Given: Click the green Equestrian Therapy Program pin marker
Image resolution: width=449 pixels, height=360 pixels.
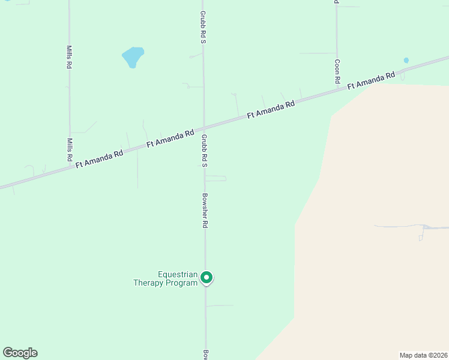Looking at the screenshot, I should click(x=206, y=277).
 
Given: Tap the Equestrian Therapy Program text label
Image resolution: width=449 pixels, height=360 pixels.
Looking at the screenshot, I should click(x=165, y=278).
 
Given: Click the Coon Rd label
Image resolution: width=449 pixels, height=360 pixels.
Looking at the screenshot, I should click(x=338, y=71).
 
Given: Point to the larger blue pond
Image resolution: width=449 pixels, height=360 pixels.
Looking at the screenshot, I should click(x=133, y=57).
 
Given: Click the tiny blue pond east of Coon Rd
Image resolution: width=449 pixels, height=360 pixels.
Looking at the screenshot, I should click(x=406, y=61).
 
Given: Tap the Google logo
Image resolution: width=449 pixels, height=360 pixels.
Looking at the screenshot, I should click(x=20, y=353).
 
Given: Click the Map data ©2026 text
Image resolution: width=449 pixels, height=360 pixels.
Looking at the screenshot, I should click(x=423, y=355).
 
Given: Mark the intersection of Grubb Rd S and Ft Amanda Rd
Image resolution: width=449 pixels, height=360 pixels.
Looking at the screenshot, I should click(x=203, y=128).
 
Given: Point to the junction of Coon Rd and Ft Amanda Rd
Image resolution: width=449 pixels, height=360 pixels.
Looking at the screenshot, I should click(x=337, y=91).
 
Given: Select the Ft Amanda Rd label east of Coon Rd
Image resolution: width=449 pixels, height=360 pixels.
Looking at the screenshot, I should click(x=371, y=81).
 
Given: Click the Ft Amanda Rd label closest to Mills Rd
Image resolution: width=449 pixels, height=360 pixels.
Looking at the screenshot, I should click(x=99, y=160).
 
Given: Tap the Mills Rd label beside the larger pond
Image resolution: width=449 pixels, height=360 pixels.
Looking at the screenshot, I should click(x=70, y=57).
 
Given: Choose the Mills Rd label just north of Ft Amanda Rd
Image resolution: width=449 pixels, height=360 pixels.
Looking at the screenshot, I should click(x=70, y=149).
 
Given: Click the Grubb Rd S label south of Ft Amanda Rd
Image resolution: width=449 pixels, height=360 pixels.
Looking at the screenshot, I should click(x=204, y=150).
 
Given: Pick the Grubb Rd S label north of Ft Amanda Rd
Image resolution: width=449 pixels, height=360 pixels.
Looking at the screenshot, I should click(x=203, y=27).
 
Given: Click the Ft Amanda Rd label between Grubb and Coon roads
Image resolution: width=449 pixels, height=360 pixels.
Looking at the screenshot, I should click(x=271, y=109).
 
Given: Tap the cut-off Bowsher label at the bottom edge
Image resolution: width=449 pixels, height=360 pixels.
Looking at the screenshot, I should click(x=205, y=355).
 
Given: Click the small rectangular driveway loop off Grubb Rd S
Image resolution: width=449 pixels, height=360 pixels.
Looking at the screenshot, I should click(x=216, y=178).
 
